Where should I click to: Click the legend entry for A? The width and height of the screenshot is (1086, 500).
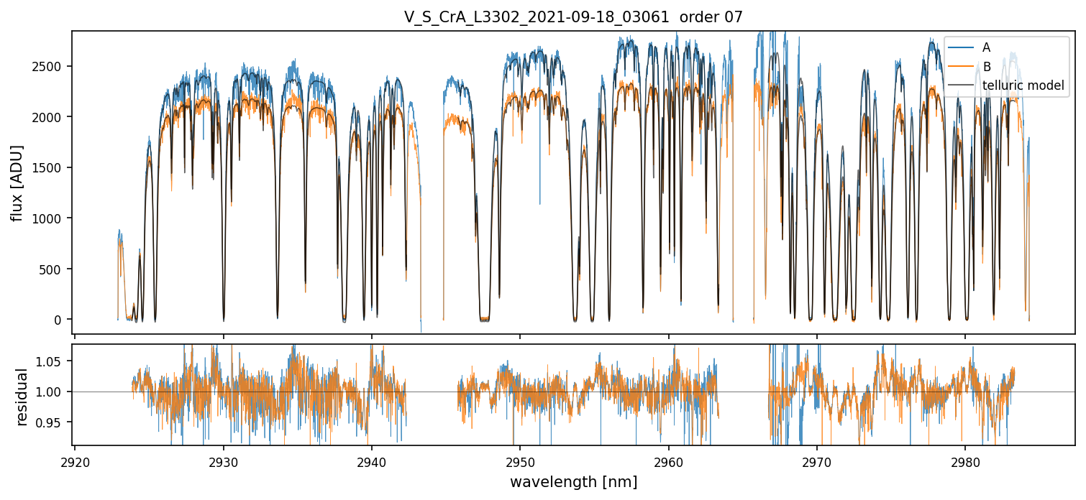(x=986, y=47)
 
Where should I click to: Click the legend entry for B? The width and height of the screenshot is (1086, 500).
(x=986, y=67)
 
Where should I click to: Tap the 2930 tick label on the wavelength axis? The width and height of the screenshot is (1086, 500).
(x=223, y=460)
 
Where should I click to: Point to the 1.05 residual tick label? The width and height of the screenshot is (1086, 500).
(x=52, y=361)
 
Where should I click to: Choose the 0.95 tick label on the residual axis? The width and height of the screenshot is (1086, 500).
(x=52, y=422)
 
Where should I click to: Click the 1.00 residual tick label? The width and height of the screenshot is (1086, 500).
(x=52, y=392)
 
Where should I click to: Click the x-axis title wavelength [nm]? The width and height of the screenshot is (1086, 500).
(x=573, y=482)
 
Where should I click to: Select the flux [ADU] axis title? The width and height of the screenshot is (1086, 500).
(x=17, y=182)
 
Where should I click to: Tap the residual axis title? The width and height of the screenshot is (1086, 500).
(x=22, y=397)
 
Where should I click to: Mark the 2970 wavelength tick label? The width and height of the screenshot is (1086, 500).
(x=817, y=460)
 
